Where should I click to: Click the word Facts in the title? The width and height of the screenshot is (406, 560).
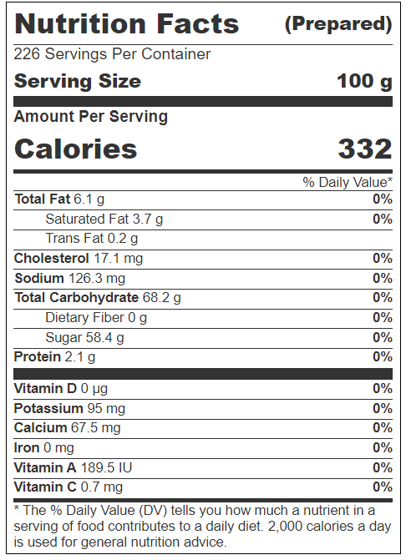198,23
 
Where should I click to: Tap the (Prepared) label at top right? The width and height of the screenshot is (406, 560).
338,24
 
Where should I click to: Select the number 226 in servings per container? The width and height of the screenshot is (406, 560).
27,54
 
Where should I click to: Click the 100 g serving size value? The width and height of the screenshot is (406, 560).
364,82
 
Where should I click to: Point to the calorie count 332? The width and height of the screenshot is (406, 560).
365,149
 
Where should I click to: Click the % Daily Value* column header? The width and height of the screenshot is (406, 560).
348,182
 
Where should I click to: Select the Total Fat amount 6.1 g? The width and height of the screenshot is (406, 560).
89,199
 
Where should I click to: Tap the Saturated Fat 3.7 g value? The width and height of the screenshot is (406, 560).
148,219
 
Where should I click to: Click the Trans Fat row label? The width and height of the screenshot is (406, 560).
74,238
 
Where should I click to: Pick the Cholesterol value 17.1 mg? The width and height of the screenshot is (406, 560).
119,258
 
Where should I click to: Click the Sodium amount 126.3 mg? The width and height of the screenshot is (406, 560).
97,278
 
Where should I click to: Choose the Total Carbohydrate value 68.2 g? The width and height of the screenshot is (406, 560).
162,297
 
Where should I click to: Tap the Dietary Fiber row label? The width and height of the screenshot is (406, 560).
84,317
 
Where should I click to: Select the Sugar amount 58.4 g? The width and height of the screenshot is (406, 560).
104,337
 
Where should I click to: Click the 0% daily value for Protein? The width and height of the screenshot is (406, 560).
383,357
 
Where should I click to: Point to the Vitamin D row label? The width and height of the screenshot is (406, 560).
45,388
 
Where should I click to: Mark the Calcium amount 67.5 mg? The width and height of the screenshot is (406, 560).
96,428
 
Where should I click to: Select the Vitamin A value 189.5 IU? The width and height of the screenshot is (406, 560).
106,467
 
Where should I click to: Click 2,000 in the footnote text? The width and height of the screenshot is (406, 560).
285,527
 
